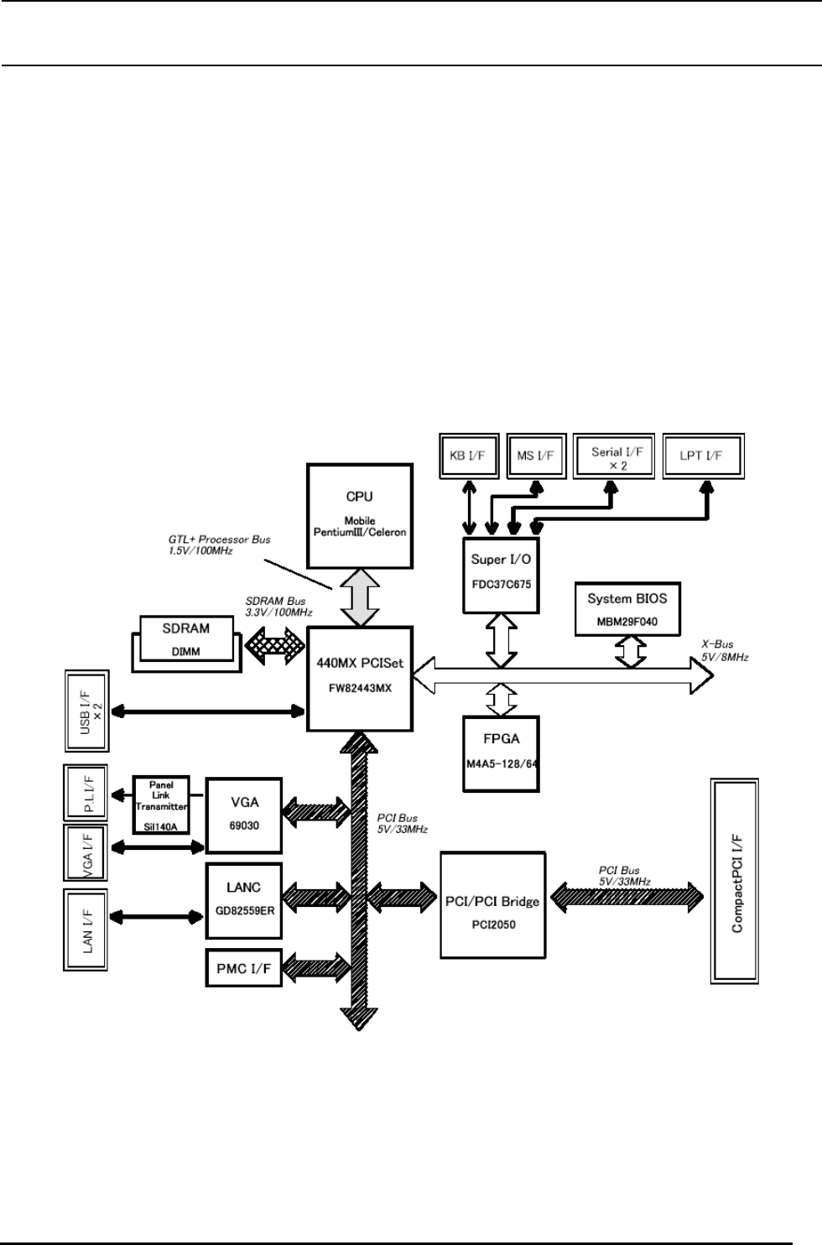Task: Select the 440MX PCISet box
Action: [361, 678]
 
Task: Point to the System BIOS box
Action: [627, 609]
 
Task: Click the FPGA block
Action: [501, 753]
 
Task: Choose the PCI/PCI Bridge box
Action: [491, 904]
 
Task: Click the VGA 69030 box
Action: [243, 815]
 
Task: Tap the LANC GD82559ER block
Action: [243, 899]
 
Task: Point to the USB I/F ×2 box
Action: [87, 711]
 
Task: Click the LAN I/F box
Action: [87, 930]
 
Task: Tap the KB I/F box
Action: [469, 456]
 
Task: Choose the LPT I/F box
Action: [703, 456]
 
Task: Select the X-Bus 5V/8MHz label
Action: [725, 650]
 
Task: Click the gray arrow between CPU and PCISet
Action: [361, 595]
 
